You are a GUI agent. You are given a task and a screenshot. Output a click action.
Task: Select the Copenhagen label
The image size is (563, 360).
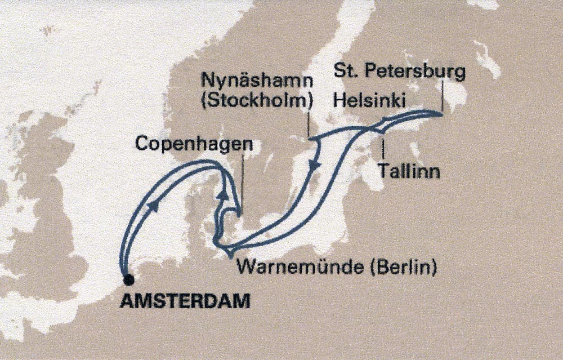[194, 145]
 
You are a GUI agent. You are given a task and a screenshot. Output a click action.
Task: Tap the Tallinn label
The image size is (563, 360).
[409, 171]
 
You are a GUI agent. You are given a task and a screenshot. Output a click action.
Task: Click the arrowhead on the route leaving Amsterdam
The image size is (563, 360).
[153, 207]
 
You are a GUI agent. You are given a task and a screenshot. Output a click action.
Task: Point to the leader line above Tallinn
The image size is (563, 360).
[383, 148]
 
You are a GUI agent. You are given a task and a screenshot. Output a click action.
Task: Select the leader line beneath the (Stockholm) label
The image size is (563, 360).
[309, 124]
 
